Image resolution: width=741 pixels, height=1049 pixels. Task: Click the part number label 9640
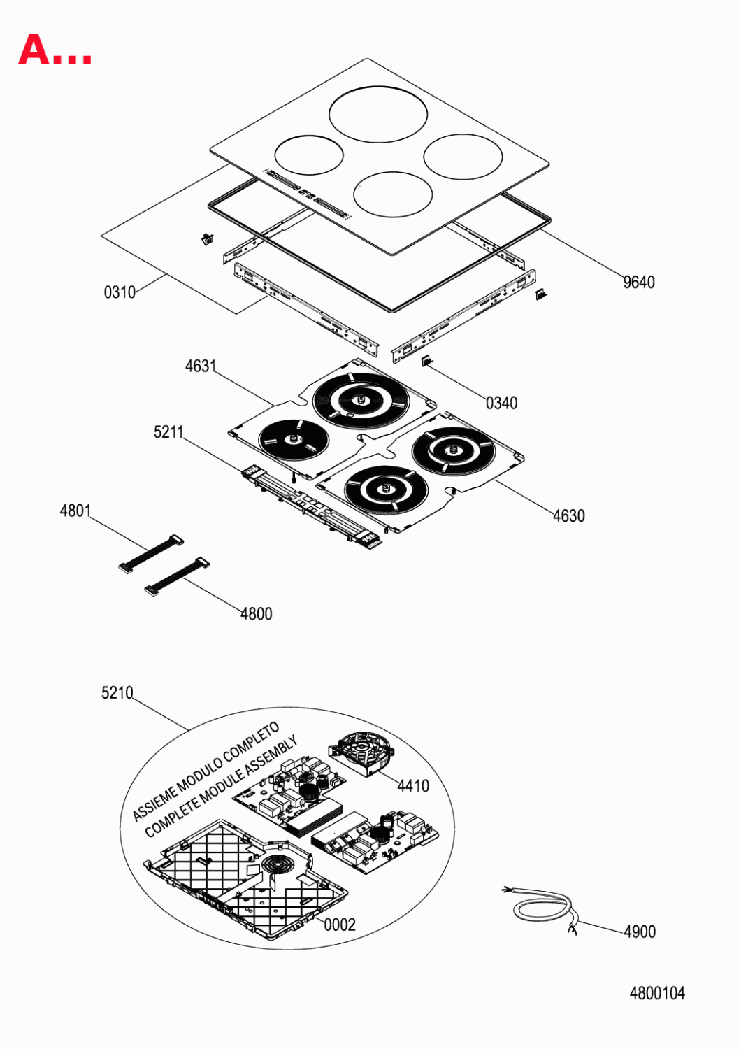638,283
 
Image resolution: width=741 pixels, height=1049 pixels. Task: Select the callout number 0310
120,292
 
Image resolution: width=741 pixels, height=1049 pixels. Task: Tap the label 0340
501,403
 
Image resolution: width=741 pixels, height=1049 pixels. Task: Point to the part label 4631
201,366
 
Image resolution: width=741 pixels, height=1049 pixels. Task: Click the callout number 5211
168,431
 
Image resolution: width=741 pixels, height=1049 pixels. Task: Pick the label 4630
569,515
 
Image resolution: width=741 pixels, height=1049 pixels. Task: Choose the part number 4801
75,511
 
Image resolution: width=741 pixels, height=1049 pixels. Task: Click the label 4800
256,613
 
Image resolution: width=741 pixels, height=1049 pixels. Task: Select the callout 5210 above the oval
117,692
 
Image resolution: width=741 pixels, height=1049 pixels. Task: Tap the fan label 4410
413,786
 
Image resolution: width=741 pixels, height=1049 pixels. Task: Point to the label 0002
340,925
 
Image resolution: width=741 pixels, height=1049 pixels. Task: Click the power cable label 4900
640,932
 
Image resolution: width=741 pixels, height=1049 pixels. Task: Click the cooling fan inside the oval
361,752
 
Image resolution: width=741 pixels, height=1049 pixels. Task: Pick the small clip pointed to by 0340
427,361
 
